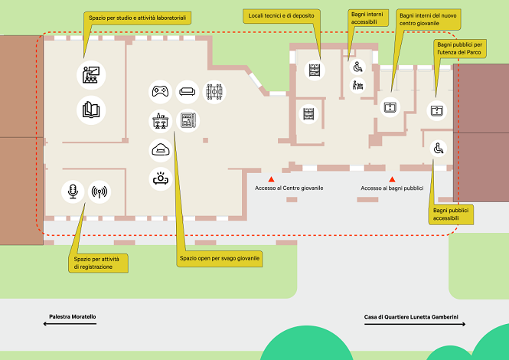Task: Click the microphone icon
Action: pyautogui.click(x=73, y=191)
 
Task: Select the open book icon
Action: pyautogui.click(x=90, y=110)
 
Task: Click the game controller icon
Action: pyautogui.click(x=159, y=92)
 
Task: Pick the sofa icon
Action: pyautogui.click(x=187, y=92)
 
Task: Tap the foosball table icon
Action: pyautogui.click(x=215, y=92)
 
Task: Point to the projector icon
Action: pyautogui.click(x=159, y=179)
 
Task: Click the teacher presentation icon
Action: pyautogui.click(x=90, y=75)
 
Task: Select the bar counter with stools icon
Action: pyautogui.click(x=159, y=120)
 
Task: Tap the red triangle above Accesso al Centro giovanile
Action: pyautogui.click(x=270, y=178)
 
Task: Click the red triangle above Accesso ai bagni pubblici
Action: pyautogui.click(x=393, y=178)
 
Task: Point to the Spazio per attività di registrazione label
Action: pyautogui.click(x=99, y=263)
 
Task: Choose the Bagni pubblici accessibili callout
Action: pyautogui.click(x=451, y=214)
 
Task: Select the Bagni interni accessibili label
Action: pyautogui.click(x=364, y=18)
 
